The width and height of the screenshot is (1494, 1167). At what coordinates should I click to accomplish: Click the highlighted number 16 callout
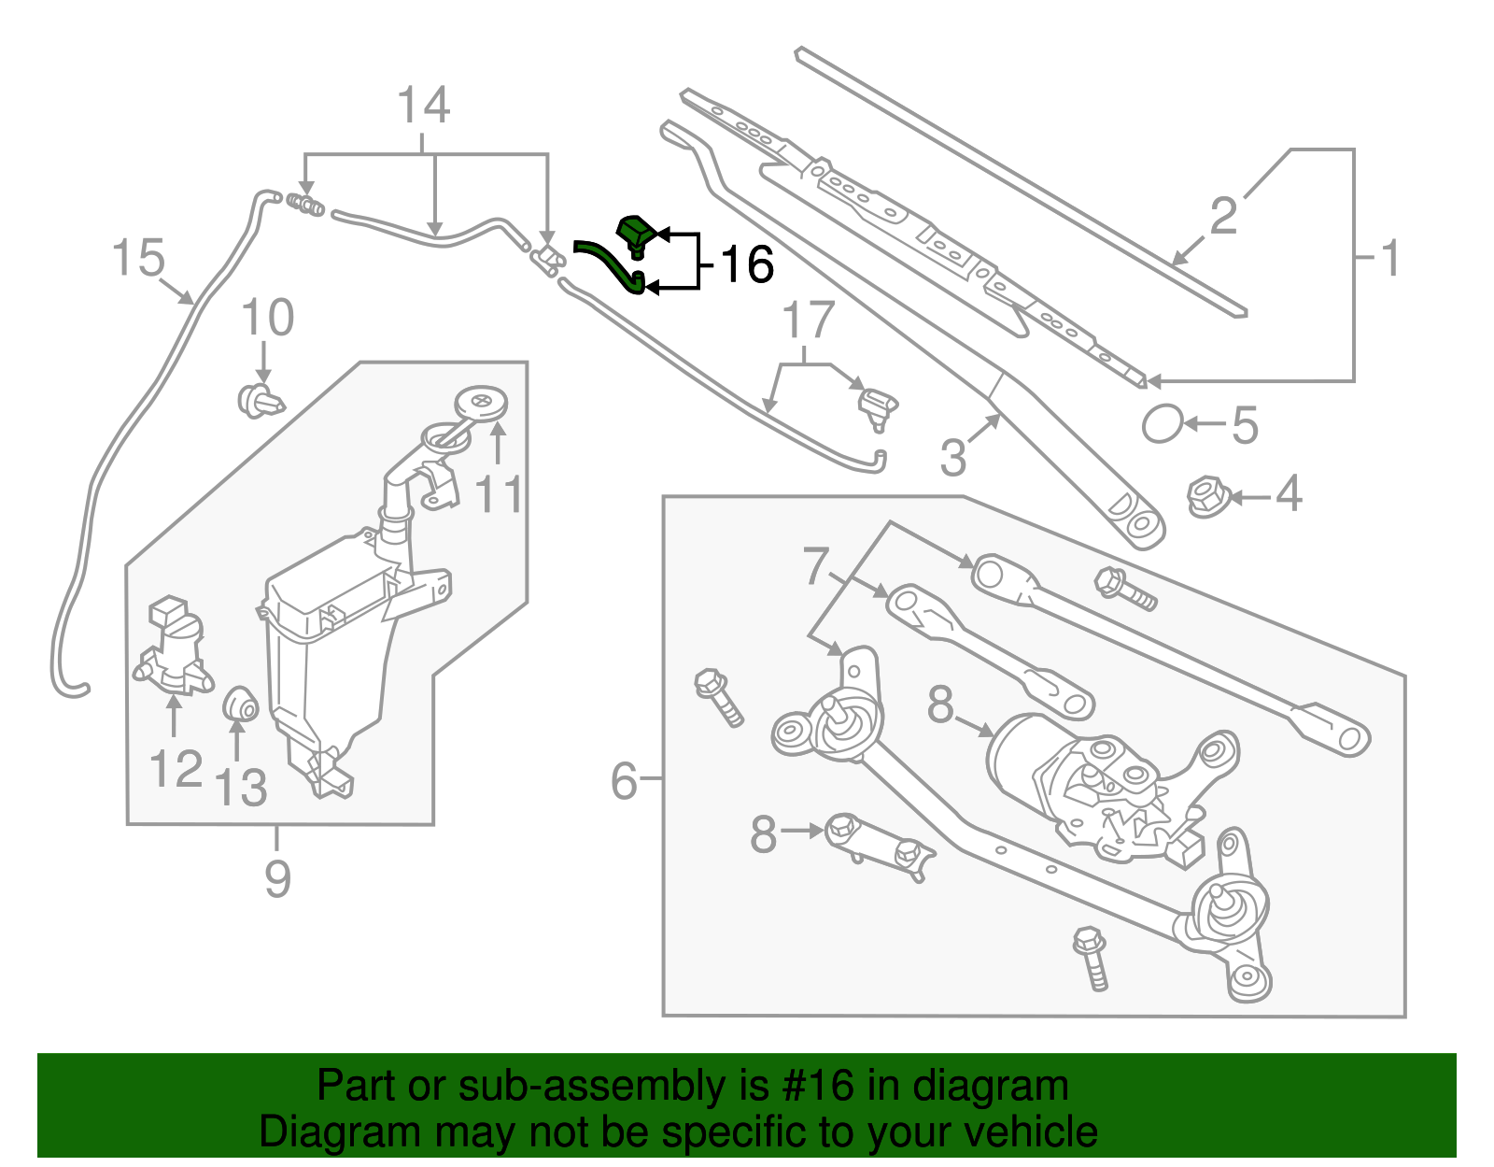tap(747, 264)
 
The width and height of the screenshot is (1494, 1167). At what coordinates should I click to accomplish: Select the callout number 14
tap(424, 106)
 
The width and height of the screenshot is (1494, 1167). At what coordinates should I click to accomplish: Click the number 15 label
tap(138, 258)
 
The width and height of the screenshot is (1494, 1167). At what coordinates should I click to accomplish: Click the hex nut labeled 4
tap(1205, 495)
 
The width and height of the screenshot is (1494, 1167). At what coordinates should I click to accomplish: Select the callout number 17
tap(808, 321)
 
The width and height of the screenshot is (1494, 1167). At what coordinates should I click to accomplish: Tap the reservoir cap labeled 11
tap(481, 404)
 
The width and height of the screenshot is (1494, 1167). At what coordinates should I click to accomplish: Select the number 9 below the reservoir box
tap(277, 878)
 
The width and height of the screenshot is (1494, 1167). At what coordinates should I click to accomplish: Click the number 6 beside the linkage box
tap(624, 780)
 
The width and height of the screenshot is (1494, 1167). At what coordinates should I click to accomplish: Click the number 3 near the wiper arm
tap(952, 458)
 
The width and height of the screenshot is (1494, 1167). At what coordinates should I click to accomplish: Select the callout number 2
tap(1223, 217)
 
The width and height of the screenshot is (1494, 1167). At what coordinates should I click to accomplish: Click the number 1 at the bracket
tap(1389, 258)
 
